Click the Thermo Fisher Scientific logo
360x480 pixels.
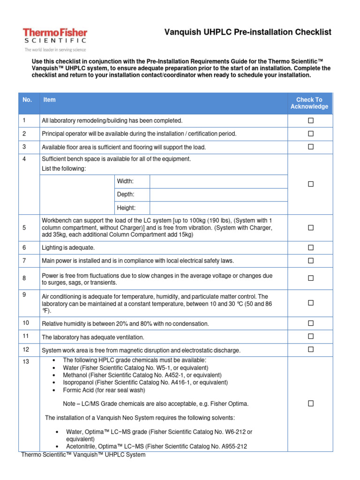55,37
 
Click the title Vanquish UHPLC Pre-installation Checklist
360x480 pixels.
247,32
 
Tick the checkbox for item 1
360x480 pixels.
310,121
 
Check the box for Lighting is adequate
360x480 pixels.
310,247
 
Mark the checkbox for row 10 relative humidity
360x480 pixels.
310,323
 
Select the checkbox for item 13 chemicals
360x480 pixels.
310,404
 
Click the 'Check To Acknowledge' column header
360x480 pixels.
309,103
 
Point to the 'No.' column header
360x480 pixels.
27,100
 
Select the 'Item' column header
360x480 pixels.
49,100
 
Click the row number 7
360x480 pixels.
24,260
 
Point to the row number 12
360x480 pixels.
25,349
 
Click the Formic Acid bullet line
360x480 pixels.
105,390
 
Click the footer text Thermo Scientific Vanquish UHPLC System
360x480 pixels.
83,455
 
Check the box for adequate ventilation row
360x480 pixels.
310,337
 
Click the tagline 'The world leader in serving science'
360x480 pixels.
55,49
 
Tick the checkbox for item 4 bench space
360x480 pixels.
310,184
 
